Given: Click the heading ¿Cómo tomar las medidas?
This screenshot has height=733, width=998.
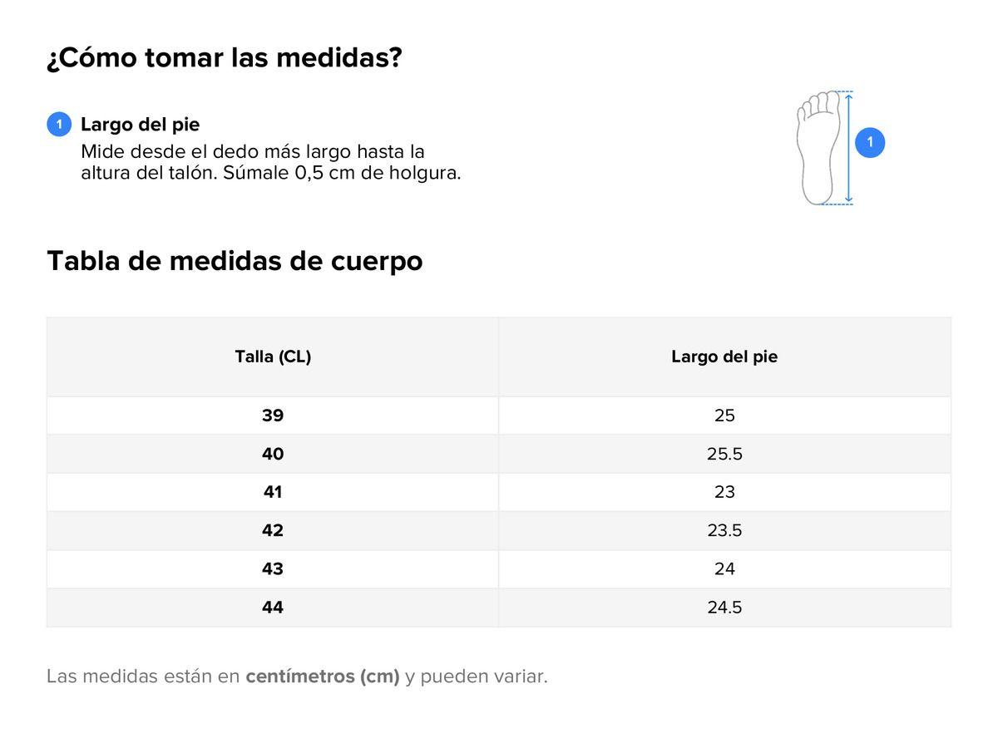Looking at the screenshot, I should (x=225, y=58).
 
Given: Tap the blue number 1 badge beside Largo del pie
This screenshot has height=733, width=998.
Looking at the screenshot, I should (x=59, y=125).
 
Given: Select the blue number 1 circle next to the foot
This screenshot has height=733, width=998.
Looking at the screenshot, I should (x=870, y=143).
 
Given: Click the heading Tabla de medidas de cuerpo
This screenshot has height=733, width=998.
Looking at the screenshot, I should (x=235, y=261).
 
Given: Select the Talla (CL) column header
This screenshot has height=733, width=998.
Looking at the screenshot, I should (x=273, y=357).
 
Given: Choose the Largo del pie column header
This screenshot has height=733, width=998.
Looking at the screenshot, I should (x=724, y=357).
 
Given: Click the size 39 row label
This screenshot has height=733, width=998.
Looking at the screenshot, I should (x=273, y=416).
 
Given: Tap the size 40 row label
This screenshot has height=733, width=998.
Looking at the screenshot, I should (x=273, y=454).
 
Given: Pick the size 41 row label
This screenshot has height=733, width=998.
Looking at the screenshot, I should (x=273, y=492).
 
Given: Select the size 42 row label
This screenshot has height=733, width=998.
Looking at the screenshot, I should (x=273, y=530).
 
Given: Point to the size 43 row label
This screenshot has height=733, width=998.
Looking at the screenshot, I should (x=273, y=568).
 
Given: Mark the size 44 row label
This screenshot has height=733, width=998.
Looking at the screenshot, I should (x=273, y=608).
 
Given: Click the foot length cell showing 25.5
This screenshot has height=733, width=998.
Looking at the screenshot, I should (x=724, y=454).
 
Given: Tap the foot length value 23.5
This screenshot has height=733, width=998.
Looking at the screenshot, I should (x=724, y=530).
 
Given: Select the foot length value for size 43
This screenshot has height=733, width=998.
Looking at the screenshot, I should (x=724, y=568).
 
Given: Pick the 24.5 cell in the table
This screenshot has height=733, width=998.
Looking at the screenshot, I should (x=724, y=608).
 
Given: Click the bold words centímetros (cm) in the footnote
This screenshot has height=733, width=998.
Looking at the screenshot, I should (x=323, y=676).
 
